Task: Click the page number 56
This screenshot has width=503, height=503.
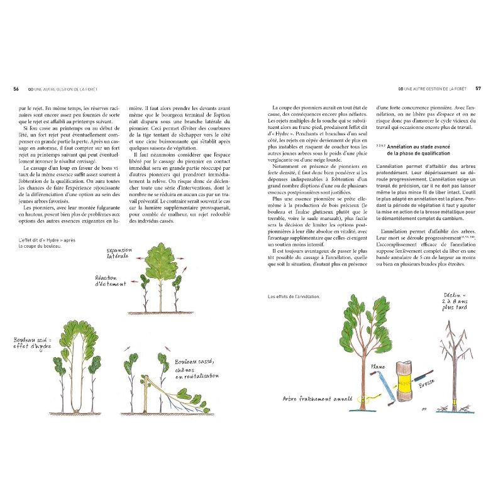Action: click(16, 89)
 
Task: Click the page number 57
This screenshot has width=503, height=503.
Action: click(478, 89)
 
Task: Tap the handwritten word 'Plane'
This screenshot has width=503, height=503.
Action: click(378, 367)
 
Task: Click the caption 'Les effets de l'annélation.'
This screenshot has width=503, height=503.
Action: click(293, 296)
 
